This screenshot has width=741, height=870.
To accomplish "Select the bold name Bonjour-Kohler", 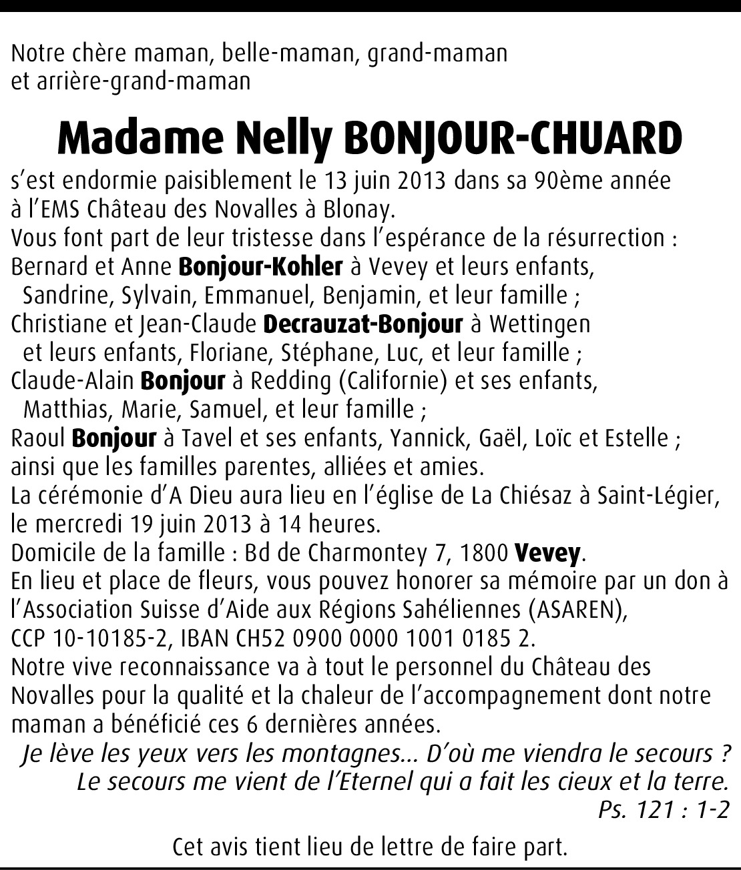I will click(260, 267).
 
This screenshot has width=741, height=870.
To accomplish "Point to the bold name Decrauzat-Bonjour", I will click(363, 324).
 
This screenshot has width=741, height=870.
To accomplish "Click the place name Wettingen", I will click(540, 324).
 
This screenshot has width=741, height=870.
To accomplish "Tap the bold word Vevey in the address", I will click(547, 553).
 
